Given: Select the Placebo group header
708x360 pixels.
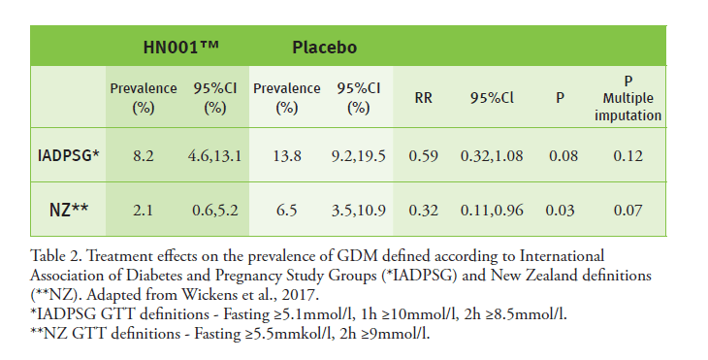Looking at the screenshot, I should coord(324,47).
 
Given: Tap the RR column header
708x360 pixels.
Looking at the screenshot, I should coord(423,97).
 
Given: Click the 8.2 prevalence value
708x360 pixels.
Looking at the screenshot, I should coord(144,154).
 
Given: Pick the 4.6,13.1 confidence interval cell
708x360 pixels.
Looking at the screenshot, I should coord(213,154).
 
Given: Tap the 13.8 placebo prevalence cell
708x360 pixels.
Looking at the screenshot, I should coord(286,154).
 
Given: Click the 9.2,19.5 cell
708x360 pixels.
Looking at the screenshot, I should coord(359,154).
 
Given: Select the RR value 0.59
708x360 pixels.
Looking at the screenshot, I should coord(423,154).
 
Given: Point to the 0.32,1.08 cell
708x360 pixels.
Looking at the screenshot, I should coord(491,154).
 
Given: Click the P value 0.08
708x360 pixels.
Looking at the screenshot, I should coord(560,154).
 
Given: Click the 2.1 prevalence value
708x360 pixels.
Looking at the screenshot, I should coord(144,209).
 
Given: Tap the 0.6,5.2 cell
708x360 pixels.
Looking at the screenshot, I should coord(213,209).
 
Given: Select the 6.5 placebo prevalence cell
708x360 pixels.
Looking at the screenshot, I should coord(286,209).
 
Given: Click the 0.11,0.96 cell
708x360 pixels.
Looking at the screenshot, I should coord(491,209).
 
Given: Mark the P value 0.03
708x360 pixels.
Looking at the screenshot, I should coord(560,209).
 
